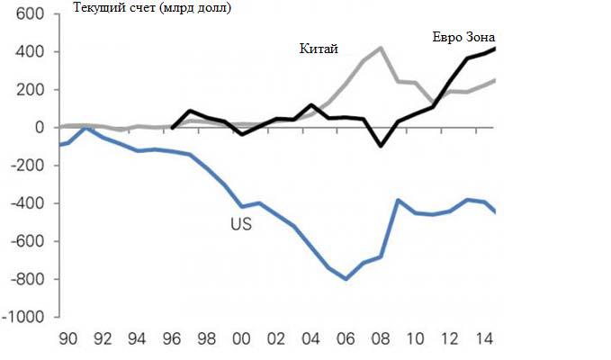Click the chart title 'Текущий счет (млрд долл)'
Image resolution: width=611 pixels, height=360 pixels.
149,10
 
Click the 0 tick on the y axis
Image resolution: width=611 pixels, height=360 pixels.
40,128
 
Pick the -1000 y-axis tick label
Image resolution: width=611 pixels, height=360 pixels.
22,318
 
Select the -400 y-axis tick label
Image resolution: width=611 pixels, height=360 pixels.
26,204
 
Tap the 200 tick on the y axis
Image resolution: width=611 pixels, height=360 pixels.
29,90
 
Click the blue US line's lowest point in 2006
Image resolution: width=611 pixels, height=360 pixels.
346,279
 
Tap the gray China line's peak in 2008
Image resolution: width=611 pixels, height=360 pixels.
381,48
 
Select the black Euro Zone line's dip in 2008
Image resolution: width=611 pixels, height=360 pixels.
381,146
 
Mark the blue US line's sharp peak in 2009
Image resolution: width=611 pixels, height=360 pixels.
398,201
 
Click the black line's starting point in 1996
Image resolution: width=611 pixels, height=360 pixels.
172,128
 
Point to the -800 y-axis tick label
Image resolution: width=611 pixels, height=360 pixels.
26,280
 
